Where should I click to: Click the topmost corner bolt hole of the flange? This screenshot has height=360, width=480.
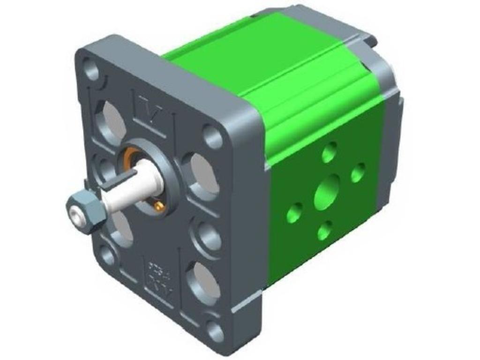click(91, 69)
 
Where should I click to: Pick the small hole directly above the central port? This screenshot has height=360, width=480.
click(330, 152)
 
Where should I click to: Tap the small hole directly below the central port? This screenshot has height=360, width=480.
click(324, 230)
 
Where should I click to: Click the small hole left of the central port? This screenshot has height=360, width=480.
click(294, 214)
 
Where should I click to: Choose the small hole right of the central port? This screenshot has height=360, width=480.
click(358, 172)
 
